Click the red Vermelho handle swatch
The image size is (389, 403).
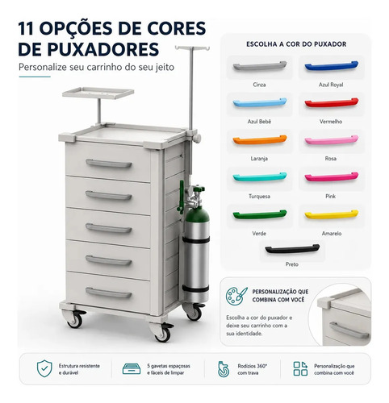tap(331, 103)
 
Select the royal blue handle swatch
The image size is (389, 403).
tap(331, 66)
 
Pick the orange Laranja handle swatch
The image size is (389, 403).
tap(260, 140)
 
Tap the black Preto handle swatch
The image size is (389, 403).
tap(292, 249)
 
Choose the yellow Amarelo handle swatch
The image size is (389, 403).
tap(331, 214)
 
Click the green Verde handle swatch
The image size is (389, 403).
tap(260, 214)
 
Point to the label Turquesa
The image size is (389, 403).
tap(259, 197)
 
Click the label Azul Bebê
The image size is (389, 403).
tap(259, 122)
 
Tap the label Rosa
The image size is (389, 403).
tap(331, 159)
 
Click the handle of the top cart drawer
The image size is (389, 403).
tap(109, 164)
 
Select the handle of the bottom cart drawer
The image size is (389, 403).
tap(109, 293)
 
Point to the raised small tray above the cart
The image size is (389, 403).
tap(98, 93)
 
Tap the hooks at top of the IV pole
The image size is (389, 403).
tap(192, 48)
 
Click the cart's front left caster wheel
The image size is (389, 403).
tap(75, 319)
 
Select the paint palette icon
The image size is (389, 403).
tap(236, 296)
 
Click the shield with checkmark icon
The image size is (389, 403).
tap(44, 368)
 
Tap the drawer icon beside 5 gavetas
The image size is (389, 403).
tap(132, 369)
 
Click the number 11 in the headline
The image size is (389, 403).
tap(26, 28)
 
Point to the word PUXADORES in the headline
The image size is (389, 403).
tap(103, 49)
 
